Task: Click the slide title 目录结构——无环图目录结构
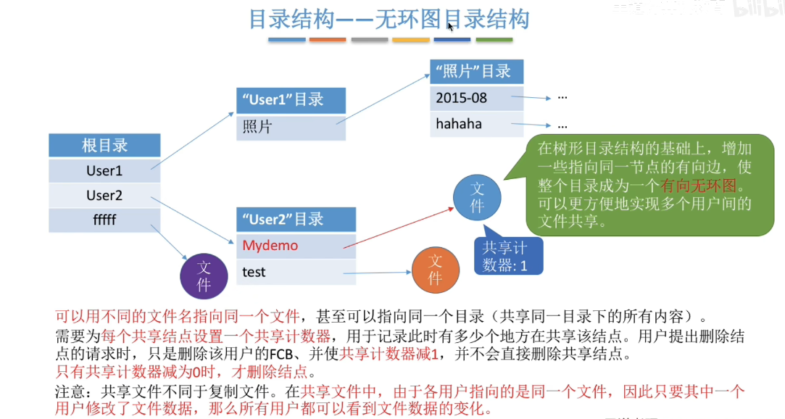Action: pos(389,20)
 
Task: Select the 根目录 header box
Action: pos(104,146)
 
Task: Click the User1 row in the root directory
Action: pos(104,171)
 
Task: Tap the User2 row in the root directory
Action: pos(104,196)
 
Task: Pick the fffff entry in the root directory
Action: pos(104,220)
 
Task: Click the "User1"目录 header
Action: pos(291,100)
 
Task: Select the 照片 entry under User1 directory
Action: pos(291,127)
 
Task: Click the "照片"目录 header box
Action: pos(475,71)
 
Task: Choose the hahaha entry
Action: pos(475,124)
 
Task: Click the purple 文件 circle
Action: pos(204,276)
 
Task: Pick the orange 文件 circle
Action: pos(435,270)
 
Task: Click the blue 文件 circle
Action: pos(477,198)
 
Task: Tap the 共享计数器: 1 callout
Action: pos(510,257)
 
